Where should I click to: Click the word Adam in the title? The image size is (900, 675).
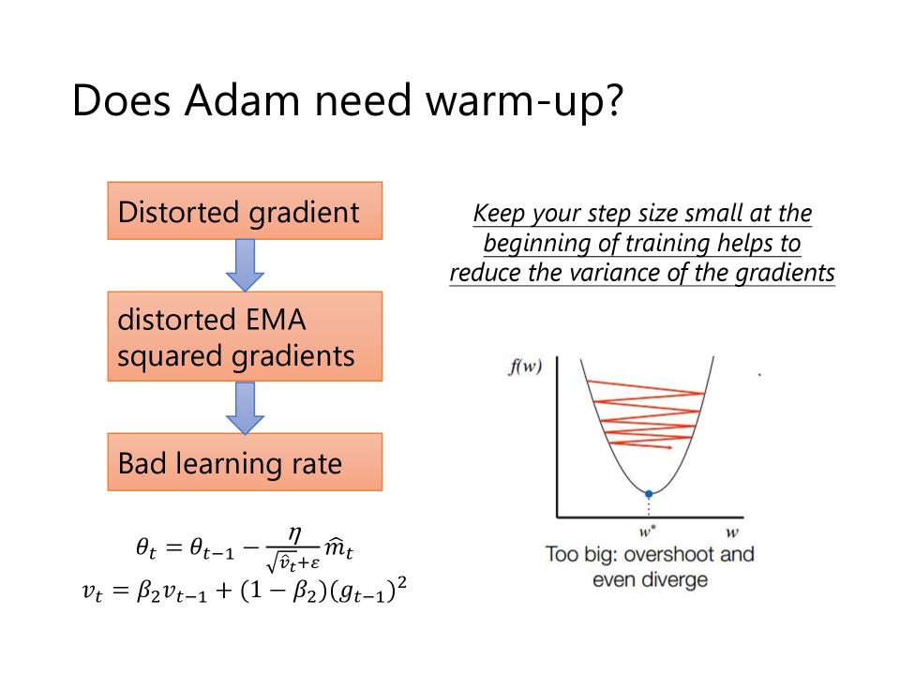coord(242,100)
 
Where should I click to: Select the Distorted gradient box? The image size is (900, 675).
coord(245,211)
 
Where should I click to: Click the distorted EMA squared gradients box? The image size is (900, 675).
coord(245,337)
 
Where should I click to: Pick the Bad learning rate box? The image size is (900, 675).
coord(245,462)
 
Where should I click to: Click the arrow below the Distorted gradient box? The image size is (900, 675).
coord(245,265)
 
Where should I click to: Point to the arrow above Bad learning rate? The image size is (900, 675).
coord(245,408)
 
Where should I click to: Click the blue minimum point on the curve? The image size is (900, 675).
coord(649,494)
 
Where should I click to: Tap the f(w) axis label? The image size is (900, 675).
coord(525,366)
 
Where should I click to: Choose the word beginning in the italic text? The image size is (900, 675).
coord(537,244)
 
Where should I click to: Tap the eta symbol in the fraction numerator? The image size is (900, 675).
coord(293,535)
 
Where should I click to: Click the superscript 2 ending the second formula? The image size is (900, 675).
coord(402,583)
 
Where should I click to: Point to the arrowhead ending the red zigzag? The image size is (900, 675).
coord(669,446)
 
